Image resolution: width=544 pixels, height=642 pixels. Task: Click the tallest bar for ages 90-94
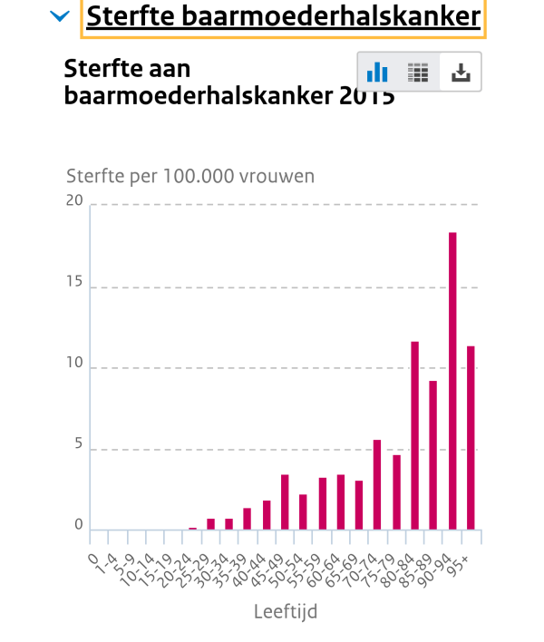coord(452,381)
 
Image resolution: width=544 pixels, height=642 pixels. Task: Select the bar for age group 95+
coord(471,437)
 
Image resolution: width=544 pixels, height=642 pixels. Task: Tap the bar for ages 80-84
coord(415,435)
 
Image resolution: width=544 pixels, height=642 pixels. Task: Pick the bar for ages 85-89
coord(433,454)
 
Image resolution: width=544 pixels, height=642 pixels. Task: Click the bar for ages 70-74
coord(377,484)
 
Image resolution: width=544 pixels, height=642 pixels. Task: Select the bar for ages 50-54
coord(303,511)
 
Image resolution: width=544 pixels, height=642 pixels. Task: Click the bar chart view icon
coord(377,73)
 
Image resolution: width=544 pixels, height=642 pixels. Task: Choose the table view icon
coord(418,73)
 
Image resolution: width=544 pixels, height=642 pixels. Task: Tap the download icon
coord(461,73)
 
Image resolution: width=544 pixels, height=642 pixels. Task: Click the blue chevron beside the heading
coord(61,16)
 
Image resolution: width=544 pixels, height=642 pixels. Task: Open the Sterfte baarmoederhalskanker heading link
coord(283,17)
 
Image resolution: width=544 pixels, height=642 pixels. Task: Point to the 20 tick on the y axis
coord(73,200)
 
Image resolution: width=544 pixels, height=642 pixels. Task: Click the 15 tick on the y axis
coord(74,282)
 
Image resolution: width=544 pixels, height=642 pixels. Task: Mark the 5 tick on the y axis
coord(78,444)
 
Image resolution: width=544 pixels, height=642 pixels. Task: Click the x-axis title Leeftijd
coord(286,612)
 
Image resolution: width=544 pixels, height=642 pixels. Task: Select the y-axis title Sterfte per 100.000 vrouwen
coord(190,176)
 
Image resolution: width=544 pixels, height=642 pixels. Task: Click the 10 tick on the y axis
coord(74,364)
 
